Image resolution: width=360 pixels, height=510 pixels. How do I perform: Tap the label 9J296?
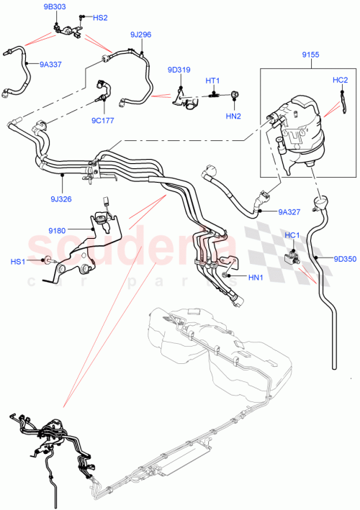pyautogui.click(x=140, y=34)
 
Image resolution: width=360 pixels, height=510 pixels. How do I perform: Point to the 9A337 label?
pyautogui.click(x=48, y=64)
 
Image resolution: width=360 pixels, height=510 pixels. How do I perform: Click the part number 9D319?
pyautogui.click(x=179, y=70)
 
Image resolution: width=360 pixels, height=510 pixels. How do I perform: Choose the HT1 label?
pyautogui.click(x=213, y=81)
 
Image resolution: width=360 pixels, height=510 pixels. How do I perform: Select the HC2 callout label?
pyautogui.click(x=340, y=80)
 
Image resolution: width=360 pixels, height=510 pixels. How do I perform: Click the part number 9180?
pyautogui.click(x=58, y=230)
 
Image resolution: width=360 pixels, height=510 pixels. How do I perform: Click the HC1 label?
pyautogui.click(x=292, y=235)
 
